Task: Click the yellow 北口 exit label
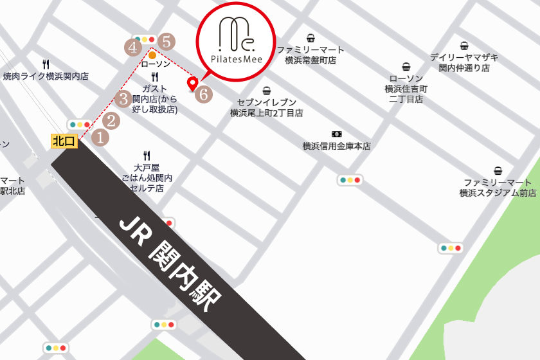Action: pos(64,141)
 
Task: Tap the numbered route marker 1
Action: pos(100,137)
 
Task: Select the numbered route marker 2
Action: pos(112,120)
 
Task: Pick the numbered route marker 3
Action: pos(124,99)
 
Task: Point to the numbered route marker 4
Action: pos(133,47)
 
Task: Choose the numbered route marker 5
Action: pos(166,42)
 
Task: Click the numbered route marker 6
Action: pos(203,94)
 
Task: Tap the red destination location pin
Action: pos(192,84)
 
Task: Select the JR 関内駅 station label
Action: pos(170,264)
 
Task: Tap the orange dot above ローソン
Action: pos(152,55)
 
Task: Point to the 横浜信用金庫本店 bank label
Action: pos(336,146)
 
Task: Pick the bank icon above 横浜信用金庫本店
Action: pos(336,133)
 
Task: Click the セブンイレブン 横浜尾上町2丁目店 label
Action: pos(266,107)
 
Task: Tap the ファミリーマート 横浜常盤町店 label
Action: pos(310,55)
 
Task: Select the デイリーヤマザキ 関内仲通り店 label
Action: pos(464,62)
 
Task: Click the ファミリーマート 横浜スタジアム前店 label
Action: pos(498,187)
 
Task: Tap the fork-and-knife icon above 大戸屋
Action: pos(147,155)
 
